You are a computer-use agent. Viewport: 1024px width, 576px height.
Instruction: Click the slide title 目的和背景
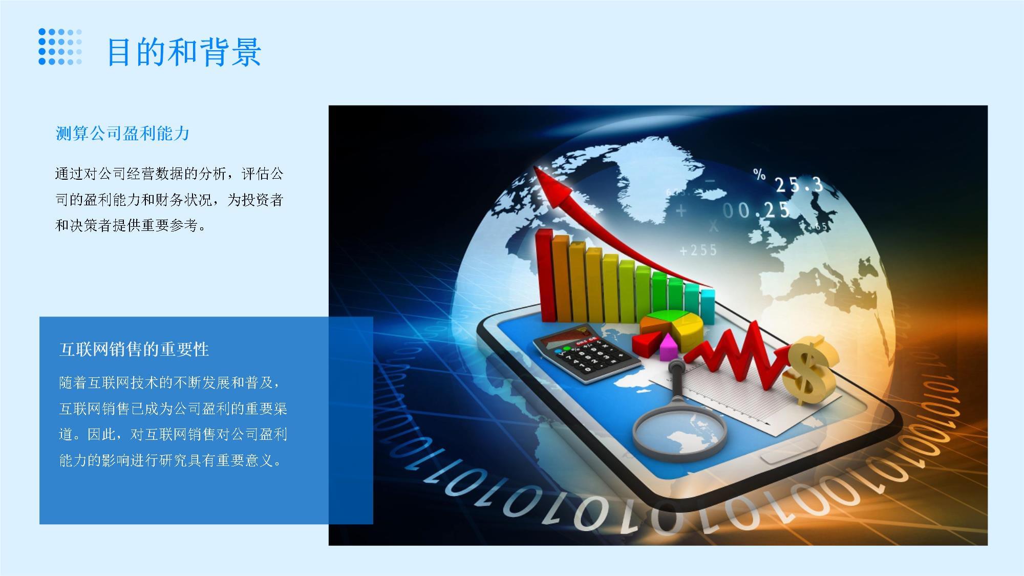(x=184, y=52)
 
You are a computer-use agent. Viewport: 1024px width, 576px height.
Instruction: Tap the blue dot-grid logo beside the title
(x=60, y=47)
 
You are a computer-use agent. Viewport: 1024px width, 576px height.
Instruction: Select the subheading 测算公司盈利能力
(x=122, y=134)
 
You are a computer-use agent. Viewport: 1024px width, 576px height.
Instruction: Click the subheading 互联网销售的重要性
(x=134, y=350)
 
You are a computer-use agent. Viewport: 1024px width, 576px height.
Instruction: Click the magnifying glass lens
(x=679, y=433)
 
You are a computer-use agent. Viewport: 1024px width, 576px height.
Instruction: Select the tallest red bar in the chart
(x=544, y=276)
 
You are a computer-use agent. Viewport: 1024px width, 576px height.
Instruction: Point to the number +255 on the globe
(x=698, y=250)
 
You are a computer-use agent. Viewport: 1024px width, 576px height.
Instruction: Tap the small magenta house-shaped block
(x=668, y=348)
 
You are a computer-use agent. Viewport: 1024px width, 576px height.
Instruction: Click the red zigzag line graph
(x=737, y=353)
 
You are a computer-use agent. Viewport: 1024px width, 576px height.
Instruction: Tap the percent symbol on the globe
(x=759, y=174)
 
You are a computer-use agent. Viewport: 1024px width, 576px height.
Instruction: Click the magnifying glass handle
(x=676, y=379)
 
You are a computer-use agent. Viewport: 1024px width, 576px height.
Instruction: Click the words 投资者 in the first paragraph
(x=262, y=200)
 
